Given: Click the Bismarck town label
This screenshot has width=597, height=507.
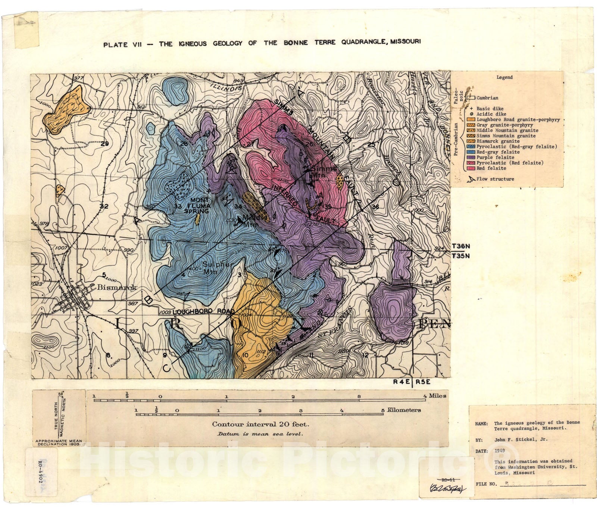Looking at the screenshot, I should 117,287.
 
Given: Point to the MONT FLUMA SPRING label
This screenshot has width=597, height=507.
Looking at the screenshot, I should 197,205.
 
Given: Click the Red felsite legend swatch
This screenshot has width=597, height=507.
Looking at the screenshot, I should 471,168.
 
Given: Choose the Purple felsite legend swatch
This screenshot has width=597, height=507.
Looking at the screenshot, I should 471,158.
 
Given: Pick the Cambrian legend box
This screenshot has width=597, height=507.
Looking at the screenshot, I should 471,98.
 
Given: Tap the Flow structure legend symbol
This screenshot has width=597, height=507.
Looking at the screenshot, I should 471,179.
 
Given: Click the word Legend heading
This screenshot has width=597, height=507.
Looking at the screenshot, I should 504,77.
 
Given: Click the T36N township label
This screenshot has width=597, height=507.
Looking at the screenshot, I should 461,246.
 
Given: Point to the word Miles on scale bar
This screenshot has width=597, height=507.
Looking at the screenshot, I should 437,396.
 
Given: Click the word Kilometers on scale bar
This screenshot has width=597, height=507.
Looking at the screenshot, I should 404,410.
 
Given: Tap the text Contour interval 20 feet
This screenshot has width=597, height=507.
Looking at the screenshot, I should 260,424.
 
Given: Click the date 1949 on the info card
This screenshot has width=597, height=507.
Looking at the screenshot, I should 500,451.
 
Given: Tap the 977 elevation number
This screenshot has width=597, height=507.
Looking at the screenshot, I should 79,78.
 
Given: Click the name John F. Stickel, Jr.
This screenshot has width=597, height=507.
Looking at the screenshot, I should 521,439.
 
